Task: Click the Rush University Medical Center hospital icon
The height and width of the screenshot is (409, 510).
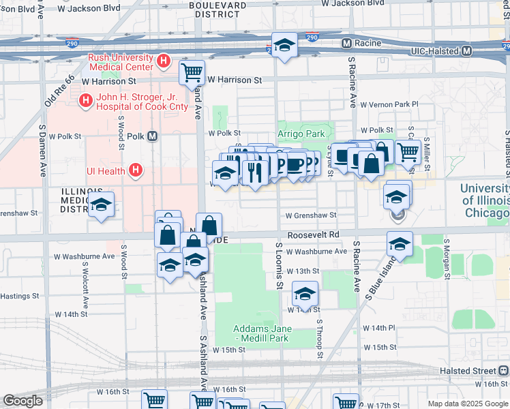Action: click(x=163, y=62)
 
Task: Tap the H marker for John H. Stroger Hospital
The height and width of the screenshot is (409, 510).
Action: click(x=85, y=102)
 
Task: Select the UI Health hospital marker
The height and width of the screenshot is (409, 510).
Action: click(x=136, y=170)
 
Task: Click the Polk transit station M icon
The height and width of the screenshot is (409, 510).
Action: click(x=153, y=136)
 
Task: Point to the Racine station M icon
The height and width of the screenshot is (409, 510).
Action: click(x=346, y=43)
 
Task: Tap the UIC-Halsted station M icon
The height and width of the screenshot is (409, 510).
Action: click(x=466, y=51)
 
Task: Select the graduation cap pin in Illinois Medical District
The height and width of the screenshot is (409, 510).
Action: click(x=101, y=204)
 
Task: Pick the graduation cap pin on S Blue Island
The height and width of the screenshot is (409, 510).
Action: click(x=400, y=243)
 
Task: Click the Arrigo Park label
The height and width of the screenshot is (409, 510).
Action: click(x=301, y=134)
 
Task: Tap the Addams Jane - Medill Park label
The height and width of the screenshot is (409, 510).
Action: click(x=253, y=333)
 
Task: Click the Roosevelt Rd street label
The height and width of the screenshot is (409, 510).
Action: click(x=313, y=234)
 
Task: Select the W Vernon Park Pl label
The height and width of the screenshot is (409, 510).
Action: click(x=388, y=105)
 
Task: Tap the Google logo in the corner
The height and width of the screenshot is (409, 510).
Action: click(x=23, y=401)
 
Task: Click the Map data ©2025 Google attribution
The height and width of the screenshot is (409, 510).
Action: click(x=468, y=404)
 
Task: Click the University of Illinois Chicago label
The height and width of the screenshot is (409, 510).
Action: click(x=485, y=200)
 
